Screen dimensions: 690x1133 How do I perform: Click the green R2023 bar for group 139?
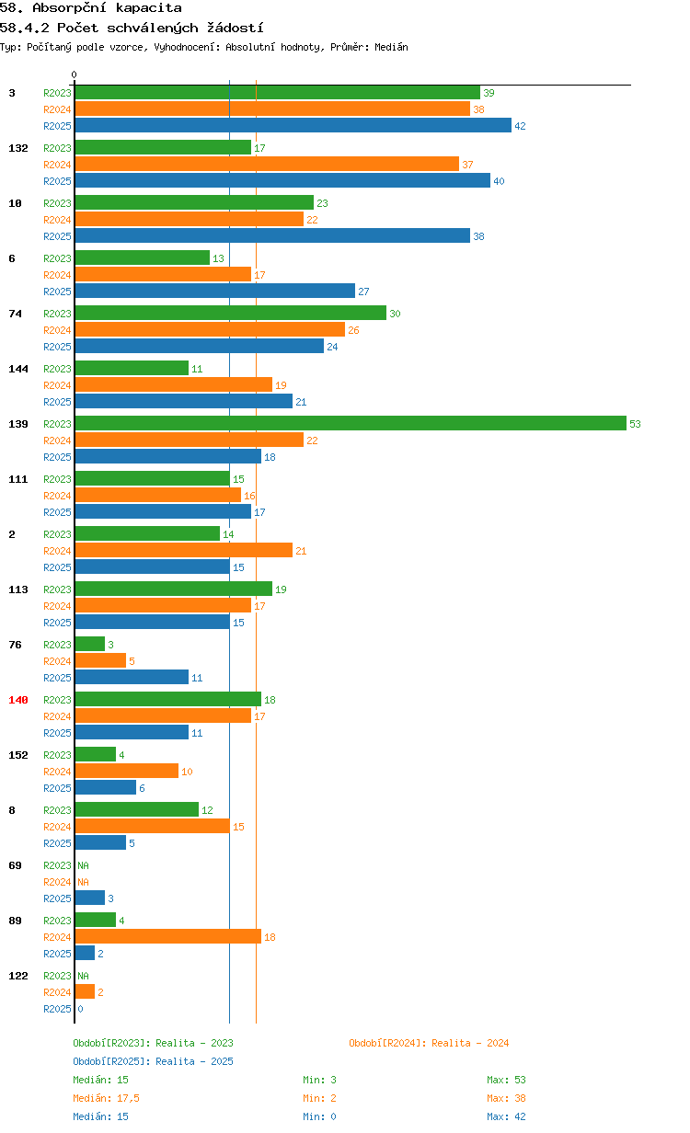[351, 423]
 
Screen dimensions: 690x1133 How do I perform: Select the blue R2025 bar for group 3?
[293, 125]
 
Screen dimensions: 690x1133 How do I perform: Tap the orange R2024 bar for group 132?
[267, 164]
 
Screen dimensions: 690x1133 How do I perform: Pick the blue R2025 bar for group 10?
[272, 235]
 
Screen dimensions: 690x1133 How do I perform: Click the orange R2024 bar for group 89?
[168, 937]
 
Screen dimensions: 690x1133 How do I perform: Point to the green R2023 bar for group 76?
[89, 645]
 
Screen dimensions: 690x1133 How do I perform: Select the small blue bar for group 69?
[89, 898]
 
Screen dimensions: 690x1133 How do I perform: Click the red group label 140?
[18, 700]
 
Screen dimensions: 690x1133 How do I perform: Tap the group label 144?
[18, 369]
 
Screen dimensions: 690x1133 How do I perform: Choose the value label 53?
[635, 424]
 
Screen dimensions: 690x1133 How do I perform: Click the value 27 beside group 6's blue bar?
[363, 292]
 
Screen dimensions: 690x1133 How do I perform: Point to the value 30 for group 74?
[395, 314]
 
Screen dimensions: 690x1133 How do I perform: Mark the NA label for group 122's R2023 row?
[84, 976]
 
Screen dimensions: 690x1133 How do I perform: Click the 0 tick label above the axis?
[74, 74]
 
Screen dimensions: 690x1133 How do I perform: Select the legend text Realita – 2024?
[470, 1043]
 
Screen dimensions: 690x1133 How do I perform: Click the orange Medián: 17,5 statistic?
[106, 1098]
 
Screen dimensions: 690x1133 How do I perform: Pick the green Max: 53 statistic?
[506, 1080]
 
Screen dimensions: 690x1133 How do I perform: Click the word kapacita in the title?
[149, 8]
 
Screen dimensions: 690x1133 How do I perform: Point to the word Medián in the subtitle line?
[391, 47]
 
